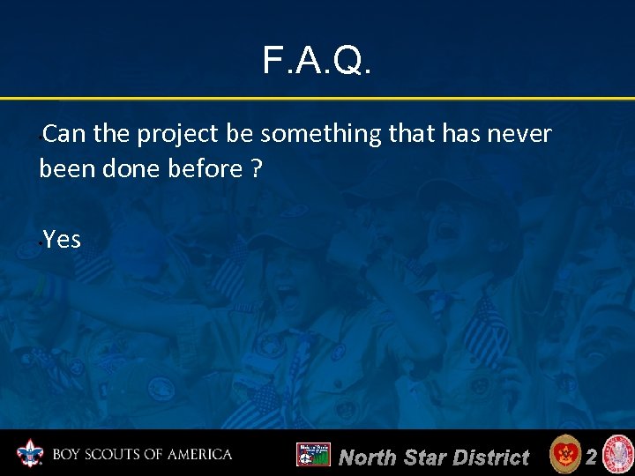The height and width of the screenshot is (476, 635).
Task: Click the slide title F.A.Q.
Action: pos(317,61)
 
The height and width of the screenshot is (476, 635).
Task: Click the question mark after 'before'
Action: pos(256,168)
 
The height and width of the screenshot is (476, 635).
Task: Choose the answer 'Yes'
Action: pos(62,239)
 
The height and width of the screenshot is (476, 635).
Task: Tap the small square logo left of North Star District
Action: pos(313,455)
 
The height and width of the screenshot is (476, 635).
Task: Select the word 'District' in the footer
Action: pos(489,457)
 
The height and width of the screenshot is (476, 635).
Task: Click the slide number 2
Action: pos(592,456)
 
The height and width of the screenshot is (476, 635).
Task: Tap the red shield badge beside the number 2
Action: pos(564,455)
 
